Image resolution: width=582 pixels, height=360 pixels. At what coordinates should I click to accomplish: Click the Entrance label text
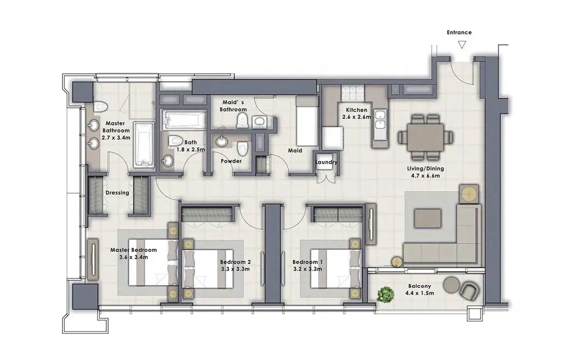[459, 33]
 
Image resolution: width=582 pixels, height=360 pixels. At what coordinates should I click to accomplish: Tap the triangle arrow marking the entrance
[462, 45]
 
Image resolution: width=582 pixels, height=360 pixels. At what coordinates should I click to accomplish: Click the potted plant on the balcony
[386, 295]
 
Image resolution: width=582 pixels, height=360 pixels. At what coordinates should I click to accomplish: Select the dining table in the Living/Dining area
[426, 137]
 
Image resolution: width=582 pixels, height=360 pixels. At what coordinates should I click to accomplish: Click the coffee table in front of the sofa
[427, 219]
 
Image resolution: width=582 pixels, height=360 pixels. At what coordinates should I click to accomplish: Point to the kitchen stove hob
[353, 93]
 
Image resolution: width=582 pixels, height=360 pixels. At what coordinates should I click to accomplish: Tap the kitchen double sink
[380, 121]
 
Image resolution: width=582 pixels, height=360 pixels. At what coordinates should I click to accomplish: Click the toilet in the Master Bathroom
[100, 107]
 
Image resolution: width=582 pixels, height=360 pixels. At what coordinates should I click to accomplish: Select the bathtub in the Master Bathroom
[144, 145]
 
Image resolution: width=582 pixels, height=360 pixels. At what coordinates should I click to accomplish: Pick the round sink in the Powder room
[222, 142]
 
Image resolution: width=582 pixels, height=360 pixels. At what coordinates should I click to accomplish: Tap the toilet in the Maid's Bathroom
[242, 121]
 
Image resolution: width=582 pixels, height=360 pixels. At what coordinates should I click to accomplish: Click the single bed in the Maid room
[307, 121]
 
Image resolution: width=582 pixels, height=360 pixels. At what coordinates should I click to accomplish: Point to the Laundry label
[326, 162]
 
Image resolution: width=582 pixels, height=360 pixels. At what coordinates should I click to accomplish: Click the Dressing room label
[117, 193]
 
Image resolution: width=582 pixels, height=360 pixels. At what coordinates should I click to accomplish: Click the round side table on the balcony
[452, 285]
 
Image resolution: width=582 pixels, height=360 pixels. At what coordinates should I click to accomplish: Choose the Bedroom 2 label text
[235, 262]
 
